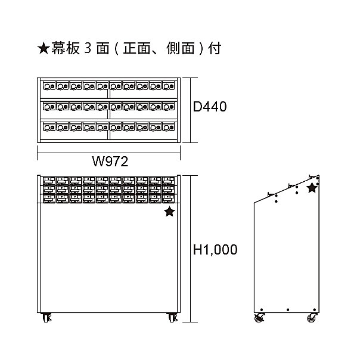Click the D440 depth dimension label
[210, 107]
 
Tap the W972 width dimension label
[110, 162]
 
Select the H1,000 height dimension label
[215, 250]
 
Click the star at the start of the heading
[44, 48]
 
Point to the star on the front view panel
[170, 212]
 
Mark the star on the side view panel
[312, 188]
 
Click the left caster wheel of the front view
[46, 318]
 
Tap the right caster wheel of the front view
[172, 318]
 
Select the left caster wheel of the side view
[259, 318]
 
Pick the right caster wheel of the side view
[312, 318]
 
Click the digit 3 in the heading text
[88, 48]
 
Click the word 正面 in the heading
[136, 48]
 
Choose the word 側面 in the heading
[181, 48]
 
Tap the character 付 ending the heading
[215, 48]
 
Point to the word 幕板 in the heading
[66, 48]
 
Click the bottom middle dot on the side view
[288, 310]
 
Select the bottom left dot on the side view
[262, 310]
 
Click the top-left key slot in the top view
[49, 86]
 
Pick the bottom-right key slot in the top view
[169, 127]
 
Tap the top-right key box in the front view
[169, 181]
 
